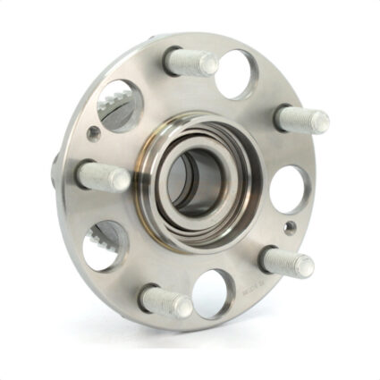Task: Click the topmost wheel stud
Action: coord(190,62)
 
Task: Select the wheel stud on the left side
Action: coord(103,175)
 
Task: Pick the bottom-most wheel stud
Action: coord(166,300)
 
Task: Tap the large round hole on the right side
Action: coord(289,189)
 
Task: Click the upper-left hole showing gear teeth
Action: coord(120,106)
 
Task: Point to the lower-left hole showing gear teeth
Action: coord(106,244)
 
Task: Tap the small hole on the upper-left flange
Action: coord(94,134)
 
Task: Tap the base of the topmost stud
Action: coord(172,59)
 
